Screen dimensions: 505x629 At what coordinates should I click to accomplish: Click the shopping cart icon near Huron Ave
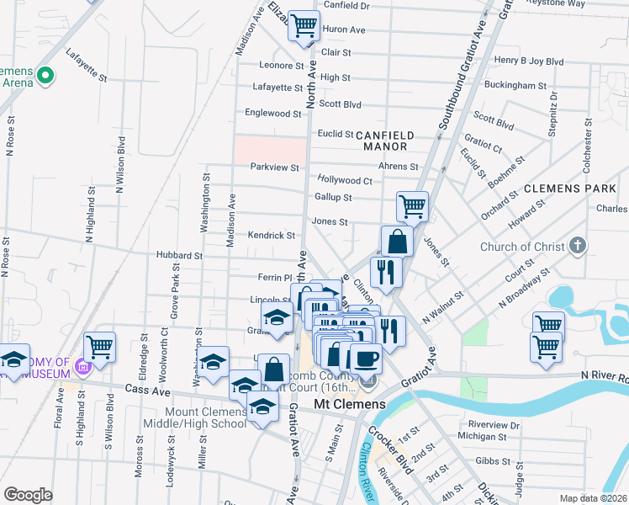(x=304, y=25)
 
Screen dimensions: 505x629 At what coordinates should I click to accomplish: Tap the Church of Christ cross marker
(x=577, y=247)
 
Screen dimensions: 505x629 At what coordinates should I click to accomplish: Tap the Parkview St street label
(x=275, y=167)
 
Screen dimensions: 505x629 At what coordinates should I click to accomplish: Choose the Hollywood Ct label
(x=345, y=180)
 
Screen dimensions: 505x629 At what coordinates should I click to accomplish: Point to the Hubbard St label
(x=179, y=255)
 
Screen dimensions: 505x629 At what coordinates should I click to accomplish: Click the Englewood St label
(x=272, y=113)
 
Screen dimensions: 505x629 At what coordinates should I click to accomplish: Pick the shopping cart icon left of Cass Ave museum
(x=100, y=346)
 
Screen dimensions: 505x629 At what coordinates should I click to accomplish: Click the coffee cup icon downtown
(x=366, y=359)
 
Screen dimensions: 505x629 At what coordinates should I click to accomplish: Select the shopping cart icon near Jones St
(x=412, y=205)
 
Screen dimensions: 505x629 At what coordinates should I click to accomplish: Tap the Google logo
(x=28, y=495)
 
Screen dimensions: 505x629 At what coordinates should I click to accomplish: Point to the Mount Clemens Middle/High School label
(x=195, y=417)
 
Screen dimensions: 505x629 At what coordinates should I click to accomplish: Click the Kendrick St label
(x=271, y=236)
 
